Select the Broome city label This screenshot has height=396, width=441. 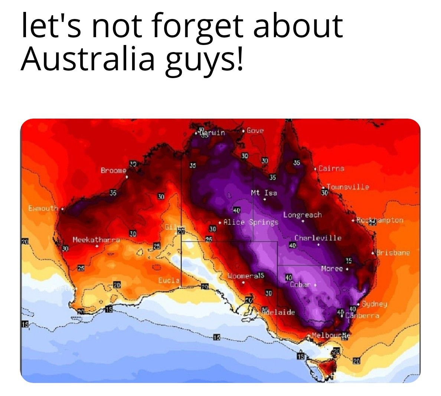point(114,170)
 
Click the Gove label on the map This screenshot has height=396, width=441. point(255,131)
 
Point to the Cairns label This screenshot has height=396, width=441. point(331,168)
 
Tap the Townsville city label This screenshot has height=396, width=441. point(347,187)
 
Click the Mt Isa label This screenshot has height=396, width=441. point(264,193)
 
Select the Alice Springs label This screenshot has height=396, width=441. point(251,222)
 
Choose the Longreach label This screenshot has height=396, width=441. point(303,215)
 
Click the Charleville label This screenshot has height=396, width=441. point(318,238)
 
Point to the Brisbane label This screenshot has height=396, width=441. point(393,253)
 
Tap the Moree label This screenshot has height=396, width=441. point(332,268)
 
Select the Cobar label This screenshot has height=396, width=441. point(300,284)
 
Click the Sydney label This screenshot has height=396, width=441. point(375,304)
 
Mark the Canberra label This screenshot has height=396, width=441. point(363,315)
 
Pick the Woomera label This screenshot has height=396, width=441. point(242,276)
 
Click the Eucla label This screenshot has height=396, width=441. point(169,280)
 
